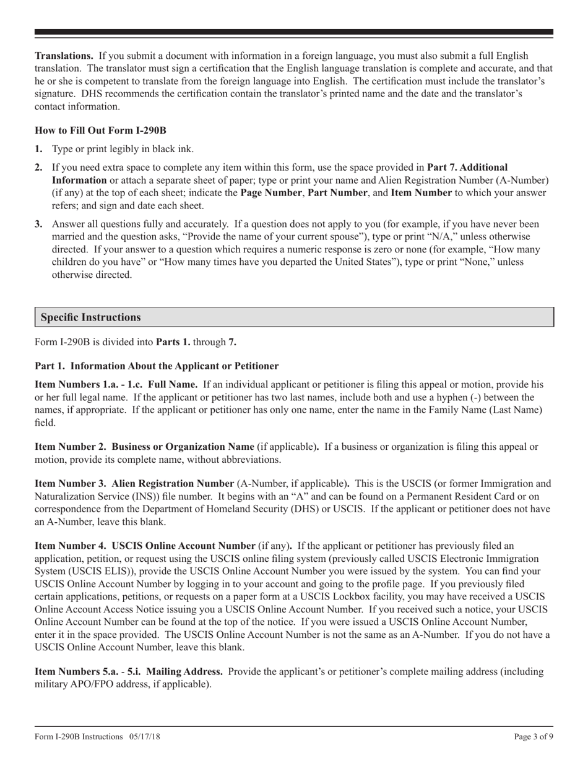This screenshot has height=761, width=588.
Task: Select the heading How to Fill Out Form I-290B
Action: [100, 131]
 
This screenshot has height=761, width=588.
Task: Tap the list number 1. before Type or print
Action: [39, 149]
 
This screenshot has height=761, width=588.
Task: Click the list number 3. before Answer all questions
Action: [39, 224]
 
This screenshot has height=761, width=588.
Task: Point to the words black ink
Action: [175, 149]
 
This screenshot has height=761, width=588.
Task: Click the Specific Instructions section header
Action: [91, 317]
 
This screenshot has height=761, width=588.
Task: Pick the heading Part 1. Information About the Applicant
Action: [157, 366]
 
